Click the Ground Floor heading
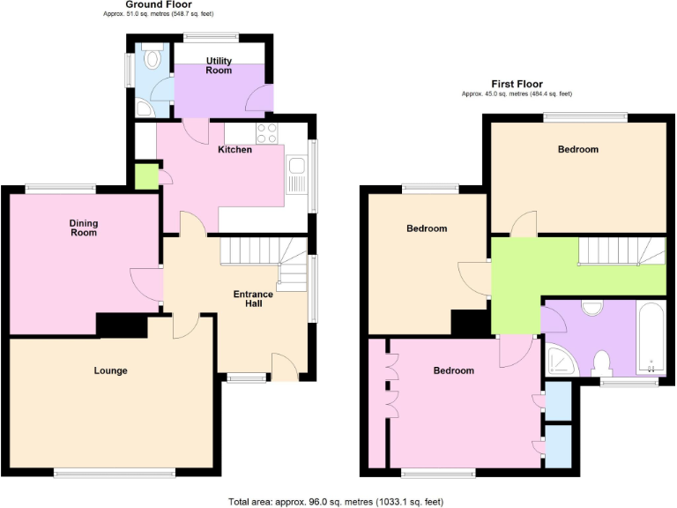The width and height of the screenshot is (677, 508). (159, 4)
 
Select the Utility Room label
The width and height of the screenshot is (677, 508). (219, 65)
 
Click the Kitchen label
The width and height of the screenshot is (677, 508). (235, 150)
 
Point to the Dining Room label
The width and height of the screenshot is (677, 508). (83, 228)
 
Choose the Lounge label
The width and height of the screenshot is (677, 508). (111, 370)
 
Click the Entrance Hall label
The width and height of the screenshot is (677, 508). (253, 299)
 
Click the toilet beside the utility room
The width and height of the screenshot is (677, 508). (153, 58)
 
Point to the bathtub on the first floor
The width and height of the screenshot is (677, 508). (651, 340)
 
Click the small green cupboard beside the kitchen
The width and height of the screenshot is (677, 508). (145, 176)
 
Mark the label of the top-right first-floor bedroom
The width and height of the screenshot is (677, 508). (578, 150)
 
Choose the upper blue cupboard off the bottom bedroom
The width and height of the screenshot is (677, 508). (558, 400)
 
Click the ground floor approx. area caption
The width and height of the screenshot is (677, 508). (159, 15)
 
